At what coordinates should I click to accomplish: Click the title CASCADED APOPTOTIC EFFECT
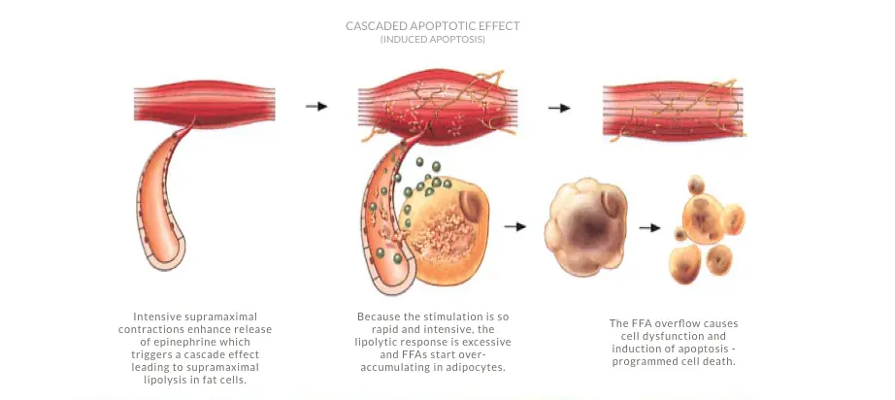coord(433,26)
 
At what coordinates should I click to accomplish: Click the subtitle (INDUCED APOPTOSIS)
coord(433,40)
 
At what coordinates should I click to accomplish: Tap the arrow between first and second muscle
coord(316,106)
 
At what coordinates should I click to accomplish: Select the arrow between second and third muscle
coord(559,108)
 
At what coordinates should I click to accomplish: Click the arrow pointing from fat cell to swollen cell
coord(514,226)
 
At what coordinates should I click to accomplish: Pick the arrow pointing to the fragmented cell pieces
coord(649,228)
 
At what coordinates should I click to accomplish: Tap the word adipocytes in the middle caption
coord(478,367)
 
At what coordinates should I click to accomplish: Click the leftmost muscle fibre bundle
coord(205,105)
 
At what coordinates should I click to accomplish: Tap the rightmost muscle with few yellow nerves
coord(674,110)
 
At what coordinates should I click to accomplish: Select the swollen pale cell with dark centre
coord(586,224)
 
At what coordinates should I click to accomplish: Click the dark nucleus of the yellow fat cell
coord(471,206)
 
